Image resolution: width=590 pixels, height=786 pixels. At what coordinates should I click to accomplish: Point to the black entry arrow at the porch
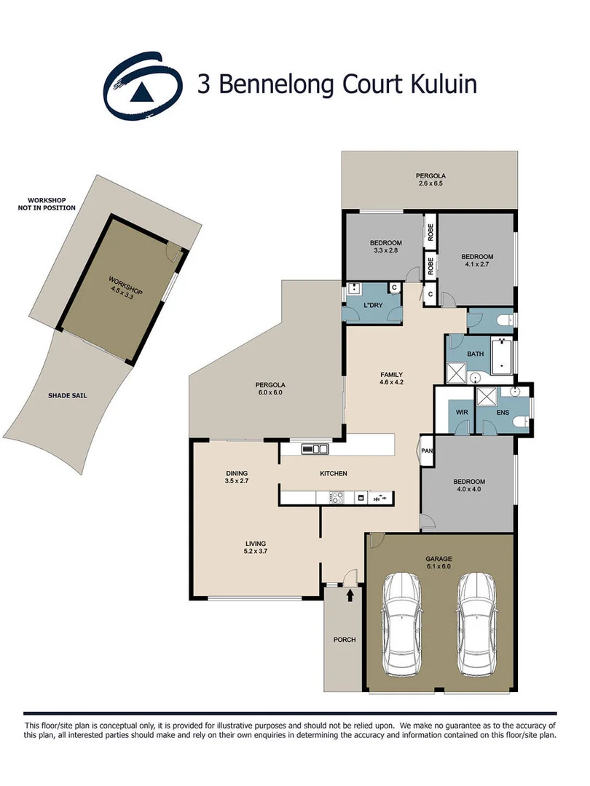coord(350,595)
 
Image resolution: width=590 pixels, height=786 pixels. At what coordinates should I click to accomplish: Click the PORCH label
coord(345,640)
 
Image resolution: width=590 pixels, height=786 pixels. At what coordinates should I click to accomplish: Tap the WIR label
coord(460,413)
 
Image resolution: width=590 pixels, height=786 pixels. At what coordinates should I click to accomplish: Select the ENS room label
coord(503,413)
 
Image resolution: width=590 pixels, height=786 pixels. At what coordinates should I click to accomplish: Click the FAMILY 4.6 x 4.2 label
coord(391,378)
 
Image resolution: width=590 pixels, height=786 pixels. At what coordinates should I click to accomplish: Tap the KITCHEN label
coord(334,474)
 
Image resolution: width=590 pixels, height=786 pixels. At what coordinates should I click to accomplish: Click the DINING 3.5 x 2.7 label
coord(237,477)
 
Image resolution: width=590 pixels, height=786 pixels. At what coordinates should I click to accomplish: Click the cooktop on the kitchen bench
coord(337,498)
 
